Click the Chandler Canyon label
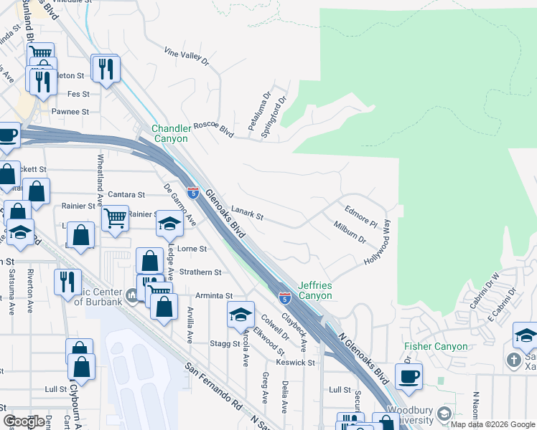[169, 134]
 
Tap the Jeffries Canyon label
[315, 290]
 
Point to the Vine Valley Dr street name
[186, 57]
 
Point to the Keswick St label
[296, 363]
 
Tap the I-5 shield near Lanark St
[192, 192]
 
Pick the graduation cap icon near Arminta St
[241, 312]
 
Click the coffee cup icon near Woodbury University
[408, 376]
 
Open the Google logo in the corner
[24, 421]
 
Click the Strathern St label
[200, 272]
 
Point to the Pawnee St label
[70, 112]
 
